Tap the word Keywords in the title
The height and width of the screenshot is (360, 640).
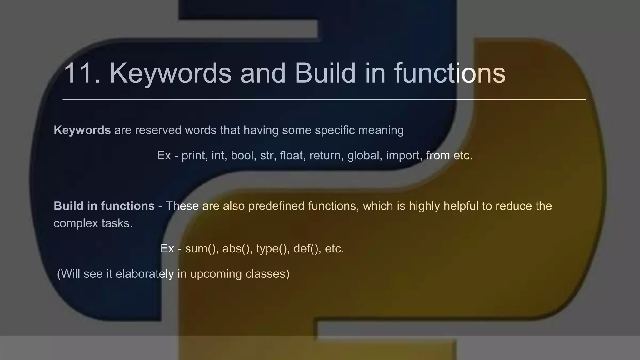[170, 73]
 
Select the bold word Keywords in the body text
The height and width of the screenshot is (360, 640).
[82, 130]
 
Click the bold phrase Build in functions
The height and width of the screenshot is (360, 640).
[104, 206]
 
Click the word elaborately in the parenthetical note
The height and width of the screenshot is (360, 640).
[145, 274]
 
